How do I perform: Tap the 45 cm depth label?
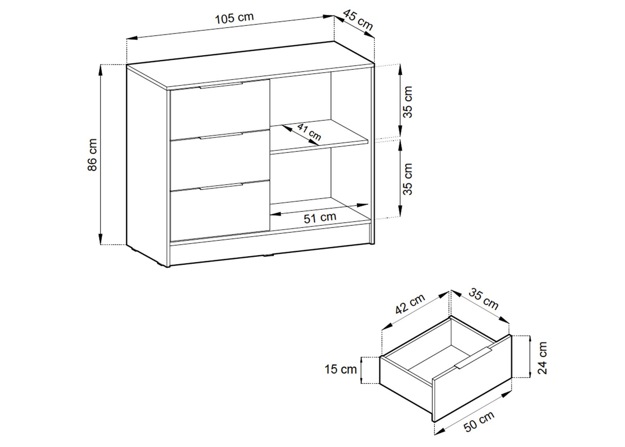point(358,20)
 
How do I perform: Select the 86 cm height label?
point(92,155)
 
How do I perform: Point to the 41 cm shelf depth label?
point(309,132)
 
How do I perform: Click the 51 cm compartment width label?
point(320,217)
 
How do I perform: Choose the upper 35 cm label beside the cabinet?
point(408,102)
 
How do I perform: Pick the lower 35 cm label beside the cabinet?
point(408,179)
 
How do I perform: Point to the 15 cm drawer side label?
point(341,369)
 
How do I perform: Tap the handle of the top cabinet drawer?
point(220,85)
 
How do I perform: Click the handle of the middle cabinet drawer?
point(221,136)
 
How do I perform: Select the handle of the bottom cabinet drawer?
point(221,186)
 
